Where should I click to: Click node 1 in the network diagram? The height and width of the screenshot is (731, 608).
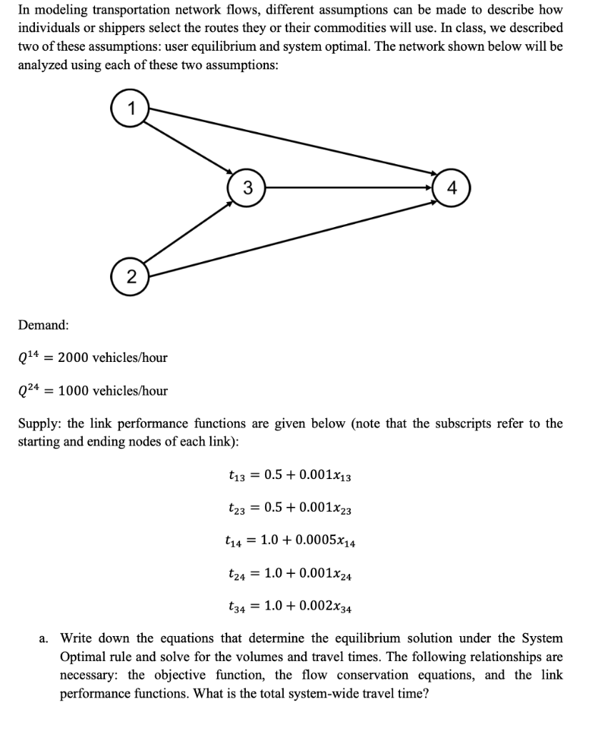(x=129, y=109)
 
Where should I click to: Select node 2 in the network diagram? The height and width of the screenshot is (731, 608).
(x=129, y=277)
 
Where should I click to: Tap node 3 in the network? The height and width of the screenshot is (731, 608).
(x=246, y=188)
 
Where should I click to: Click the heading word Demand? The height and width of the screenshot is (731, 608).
(x=44, y=325)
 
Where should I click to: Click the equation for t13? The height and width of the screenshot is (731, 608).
(x=289, y=475)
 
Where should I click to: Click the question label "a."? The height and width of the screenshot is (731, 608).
(x=44, y=637)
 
